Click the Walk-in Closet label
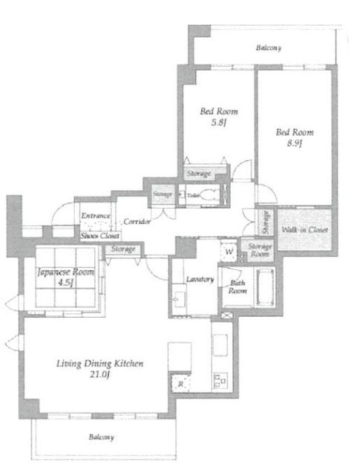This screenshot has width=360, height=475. tap(305, 230)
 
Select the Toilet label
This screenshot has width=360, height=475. tap(193, 196)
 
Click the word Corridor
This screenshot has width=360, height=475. tap(138, 221)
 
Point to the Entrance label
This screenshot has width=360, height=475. tap(96, 216)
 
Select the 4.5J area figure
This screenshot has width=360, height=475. tap(66, 284)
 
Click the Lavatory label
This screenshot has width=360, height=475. tap(199, 279)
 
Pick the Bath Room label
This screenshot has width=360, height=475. tap(238, 286)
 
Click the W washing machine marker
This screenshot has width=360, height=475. tap(229, 251)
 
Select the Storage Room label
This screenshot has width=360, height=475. tap(259, 250)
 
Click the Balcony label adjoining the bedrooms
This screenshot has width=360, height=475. tap(268, 48)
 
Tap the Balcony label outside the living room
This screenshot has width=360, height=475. tap(99, 437)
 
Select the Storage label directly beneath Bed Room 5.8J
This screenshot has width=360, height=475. tap(198, 174)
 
